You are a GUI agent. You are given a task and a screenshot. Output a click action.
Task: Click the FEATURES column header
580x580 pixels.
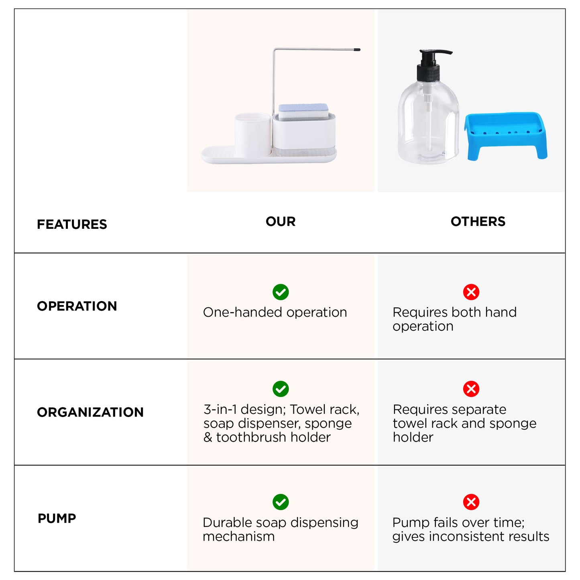click(71, 224)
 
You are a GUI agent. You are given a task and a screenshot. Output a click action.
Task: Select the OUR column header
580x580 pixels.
click(281, 221)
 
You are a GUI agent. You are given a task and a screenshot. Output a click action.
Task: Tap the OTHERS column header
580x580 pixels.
click(478, 221)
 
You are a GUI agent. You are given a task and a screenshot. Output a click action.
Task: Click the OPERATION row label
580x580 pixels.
click(77, 306)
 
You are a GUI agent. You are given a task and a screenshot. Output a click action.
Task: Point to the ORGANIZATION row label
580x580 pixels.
click(90, 412)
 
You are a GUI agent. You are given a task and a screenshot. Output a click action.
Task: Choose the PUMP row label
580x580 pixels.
click(57, 518)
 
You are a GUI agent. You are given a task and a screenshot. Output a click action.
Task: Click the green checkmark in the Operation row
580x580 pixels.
click(281, 292)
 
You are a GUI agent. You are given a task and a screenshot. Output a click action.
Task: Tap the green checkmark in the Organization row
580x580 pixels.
click(281, 389)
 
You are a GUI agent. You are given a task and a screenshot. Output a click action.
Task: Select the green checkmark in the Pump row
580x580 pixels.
click(281, 502)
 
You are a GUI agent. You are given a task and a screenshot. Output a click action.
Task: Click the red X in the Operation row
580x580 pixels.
click(471, 292)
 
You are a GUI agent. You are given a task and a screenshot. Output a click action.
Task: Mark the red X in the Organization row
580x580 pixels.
click(471, 389)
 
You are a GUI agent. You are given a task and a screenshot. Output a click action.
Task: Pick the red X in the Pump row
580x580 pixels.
click(471, 502)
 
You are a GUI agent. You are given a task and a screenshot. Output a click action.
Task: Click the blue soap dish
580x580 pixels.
click(506, 136)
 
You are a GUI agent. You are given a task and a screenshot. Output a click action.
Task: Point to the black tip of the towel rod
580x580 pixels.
click(357, 50)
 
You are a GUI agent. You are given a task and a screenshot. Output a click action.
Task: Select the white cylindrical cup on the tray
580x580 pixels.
click(252, 135)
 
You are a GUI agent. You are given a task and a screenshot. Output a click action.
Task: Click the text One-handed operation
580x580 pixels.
click(275, 312)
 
